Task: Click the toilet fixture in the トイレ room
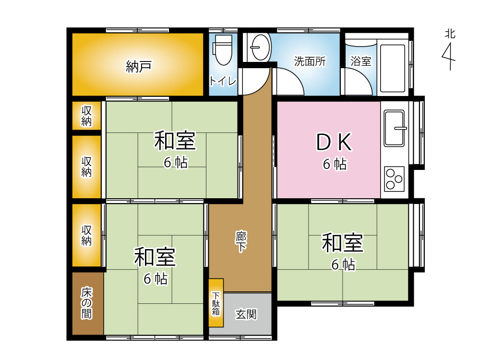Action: tap(223, 49)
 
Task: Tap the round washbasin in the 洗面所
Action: tap(260, 47)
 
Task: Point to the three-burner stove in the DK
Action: tap(394, 179)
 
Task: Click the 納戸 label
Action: tap(139, 66)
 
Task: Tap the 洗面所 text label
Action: tap(310, 61)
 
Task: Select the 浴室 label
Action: tap(361, 61)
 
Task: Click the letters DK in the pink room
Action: tap(334, 143)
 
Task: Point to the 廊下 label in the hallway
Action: tap(241, 241)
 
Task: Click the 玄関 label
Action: tap(246, 314)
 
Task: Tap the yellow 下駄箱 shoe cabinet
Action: tap(216, 303)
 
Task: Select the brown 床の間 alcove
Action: tap(88, 303)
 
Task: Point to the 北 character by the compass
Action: tap(450, 34)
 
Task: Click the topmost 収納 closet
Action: tap(86, 116)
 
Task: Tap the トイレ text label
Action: tap(223, 81)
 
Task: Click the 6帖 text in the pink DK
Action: tap(335, 164)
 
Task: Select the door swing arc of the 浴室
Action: tap(363, 76)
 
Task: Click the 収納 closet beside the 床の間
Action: tap(86, 235)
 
